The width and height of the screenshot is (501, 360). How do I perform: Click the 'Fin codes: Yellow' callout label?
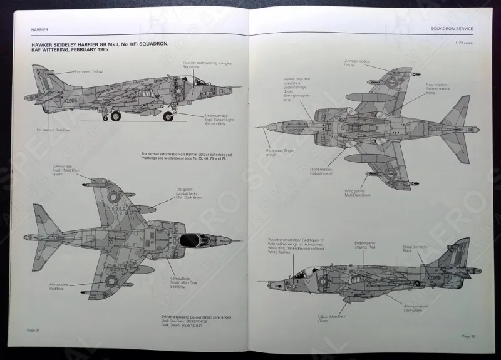click(x=89, y=72)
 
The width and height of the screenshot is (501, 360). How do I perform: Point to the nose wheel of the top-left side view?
click(x=168, y=116)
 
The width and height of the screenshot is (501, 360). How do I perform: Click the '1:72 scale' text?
click(x=463, y=43)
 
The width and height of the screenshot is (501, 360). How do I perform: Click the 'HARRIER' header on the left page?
click(x=39, y=29)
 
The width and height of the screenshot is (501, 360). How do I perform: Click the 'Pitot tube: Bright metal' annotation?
click(x=280, y=152)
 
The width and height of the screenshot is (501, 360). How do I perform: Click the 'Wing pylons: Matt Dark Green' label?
click(x=357, y=194)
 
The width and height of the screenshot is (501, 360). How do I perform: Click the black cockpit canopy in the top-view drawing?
click(x=194, y=239)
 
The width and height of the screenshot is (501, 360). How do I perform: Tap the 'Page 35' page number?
click(x=468, y=336)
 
